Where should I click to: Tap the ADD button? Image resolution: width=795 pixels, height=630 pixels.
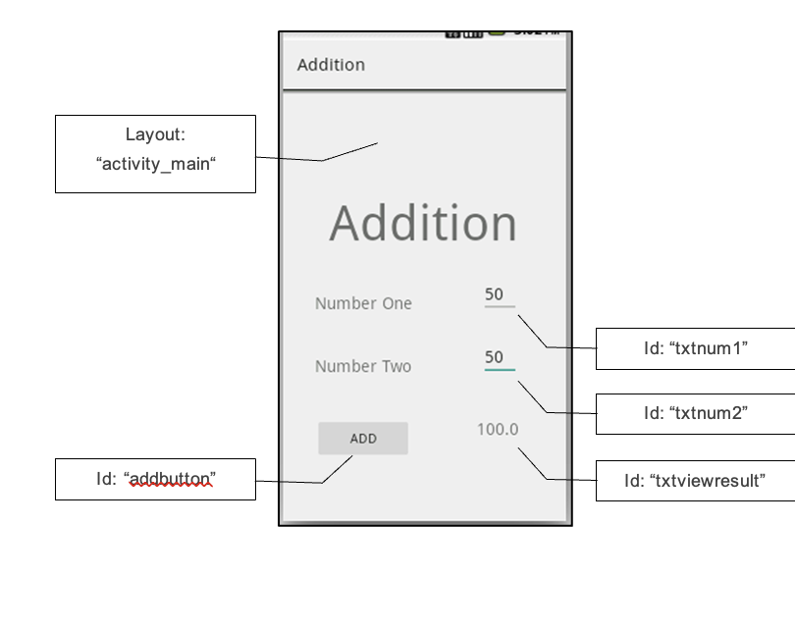click(362, 439)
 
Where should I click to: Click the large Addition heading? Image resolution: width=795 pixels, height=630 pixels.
click(423, 224)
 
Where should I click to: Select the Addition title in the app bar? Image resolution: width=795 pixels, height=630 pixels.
click(331, 65)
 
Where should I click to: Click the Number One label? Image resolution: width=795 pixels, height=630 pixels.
click(363, 303)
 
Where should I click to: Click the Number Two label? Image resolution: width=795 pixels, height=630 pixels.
click(363, 366)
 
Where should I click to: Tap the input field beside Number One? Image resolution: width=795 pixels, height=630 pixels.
click(499, 295)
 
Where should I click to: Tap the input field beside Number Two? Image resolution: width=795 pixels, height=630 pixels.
click(499, 358)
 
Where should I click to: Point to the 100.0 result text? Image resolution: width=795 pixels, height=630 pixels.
click(498, 429)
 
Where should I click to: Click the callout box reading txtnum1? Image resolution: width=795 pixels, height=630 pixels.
click(695, 348)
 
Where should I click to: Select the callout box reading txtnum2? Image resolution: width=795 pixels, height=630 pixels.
click(695, 413)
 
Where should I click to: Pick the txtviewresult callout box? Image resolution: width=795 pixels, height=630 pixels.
click(695, 481)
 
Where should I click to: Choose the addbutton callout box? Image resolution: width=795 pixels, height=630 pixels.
click(155, 479)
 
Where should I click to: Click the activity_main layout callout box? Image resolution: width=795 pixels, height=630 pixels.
click(155, 153)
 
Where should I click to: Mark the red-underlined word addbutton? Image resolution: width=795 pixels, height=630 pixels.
click(171, 479)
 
